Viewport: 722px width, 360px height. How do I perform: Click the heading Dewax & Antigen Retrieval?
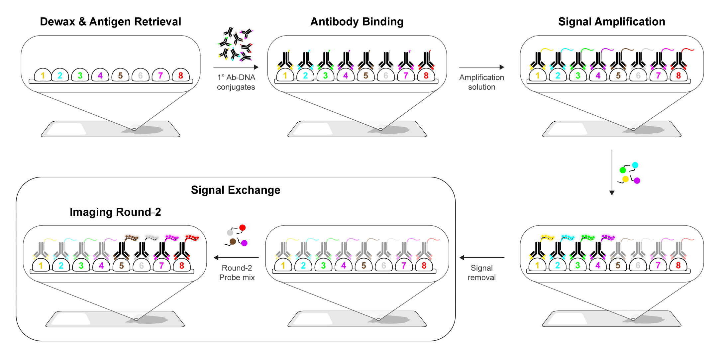pyautogui.click(x=110, y=22)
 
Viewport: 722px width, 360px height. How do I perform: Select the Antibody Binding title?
pyautogui.click(x=357, y=22)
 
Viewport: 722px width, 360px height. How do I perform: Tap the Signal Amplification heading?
pyautogui.click(x=611, y=22)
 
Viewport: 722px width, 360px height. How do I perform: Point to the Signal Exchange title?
pyautogui.click(x=236, y=190)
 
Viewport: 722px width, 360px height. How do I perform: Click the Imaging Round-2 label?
pyautogui.click(x=115, y=212)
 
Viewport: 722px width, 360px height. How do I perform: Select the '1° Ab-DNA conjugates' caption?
pyautogui.click(x=236, y=82)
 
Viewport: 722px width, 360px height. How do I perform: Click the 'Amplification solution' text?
pyautogui.click(x=481, y=82)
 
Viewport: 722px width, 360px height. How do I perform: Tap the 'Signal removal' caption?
pyautogui.click(x=481, y=273)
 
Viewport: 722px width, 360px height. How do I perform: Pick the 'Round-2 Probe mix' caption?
pyautogui.click(x=237, y=273)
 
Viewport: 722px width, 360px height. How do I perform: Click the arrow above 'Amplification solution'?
pyautogui.click(x=481, y=67)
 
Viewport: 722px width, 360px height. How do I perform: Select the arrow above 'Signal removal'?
pyautogui.click(x=481, y=258)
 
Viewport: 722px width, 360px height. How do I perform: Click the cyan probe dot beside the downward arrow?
pyautogui.click(x=635, y=165)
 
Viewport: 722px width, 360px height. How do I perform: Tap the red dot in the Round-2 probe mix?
pyautogui.click(x=243, y=228)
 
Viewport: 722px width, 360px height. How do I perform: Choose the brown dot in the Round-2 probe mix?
pyautogui.click(x=233, y=241)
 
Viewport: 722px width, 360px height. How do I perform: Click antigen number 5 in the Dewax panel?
pyautogui.click(x=120, y=75)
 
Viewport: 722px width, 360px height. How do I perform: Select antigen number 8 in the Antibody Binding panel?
pyautogui.click(x=426, y=75)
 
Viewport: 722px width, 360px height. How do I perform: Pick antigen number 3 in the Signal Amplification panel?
pyautogui.click(x=578, y=75)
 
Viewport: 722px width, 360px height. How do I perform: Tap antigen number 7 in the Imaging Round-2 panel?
pyautogui.click(x=161, y=266)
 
